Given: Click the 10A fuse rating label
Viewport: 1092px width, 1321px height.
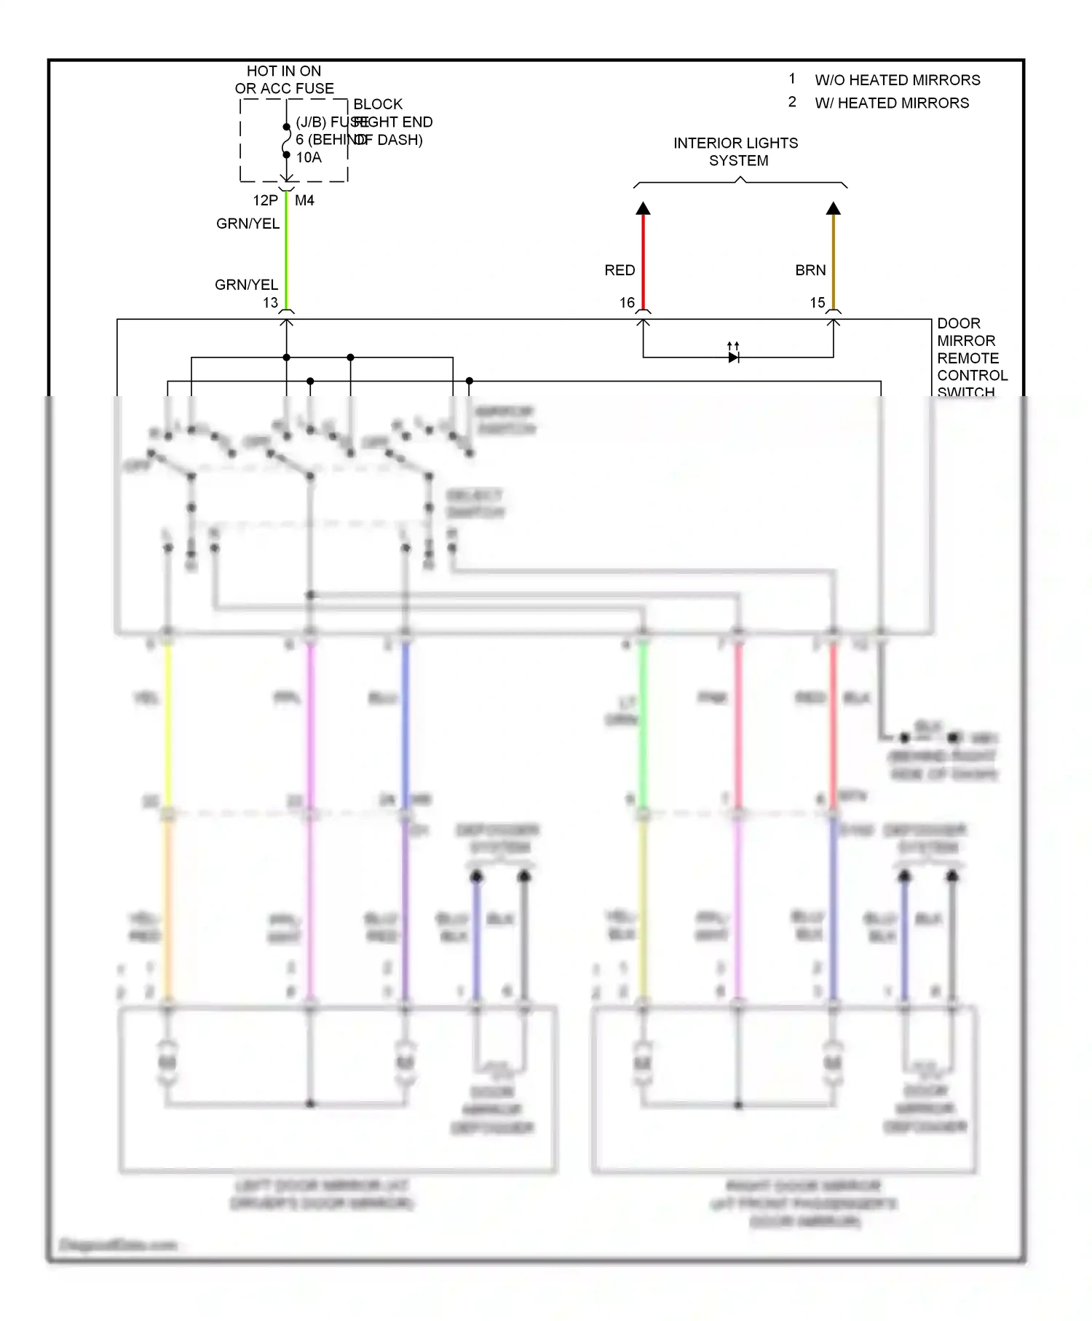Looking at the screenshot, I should coord(309,157).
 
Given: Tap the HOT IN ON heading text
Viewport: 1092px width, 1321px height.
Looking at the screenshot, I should coord(283,71).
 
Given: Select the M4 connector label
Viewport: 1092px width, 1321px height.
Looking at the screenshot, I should coord(304,200).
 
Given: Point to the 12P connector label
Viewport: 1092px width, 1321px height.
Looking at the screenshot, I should coord(265,200).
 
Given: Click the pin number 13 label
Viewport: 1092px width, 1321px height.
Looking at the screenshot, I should coord(270,302).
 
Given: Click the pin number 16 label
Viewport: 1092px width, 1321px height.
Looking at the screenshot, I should coord(627,302).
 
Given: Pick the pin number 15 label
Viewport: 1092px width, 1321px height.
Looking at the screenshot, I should coord(818,302).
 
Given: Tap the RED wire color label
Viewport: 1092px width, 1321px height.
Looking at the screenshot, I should coord(620,270).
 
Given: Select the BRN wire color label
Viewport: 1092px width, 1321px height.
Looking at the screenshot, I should coord(810,270).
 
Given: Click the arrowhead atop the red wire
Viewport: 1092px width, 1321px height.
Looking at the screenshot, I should coord(643,209).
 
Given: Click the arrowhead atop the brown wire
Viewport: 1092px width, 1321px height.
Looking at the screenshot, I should coord(834,209).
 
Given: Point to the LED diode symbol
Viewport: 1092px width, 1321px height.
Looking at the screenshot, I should coord(733,356).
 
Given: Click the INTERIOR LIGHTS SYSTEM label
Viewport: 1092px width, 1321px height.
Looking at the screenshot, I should coord(736,151).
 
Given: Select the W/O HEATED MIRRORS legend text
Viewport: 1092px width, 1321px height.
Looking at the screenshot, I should coord(897,80).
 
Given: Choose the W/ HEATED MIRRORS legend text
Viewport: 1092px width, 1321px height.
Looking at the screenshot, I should coord(891,103).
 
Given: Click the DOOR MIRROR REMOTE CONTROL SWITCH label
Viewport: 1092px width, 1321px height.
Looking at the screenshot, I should coord(971,358).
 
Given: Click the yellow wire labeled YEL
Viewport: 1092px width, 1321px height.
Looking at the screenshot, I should coord(168,721).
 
